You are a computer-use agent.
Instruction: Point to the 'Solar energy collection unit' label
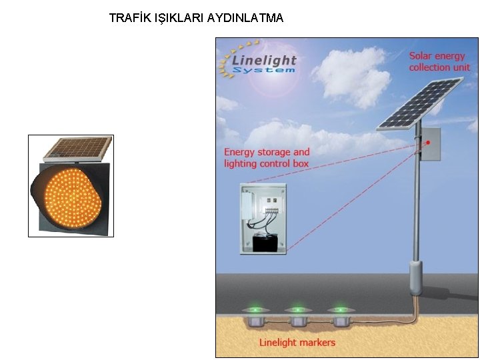tap(439, 61)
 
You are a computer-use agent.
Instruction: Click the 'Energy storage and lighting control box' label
tap(267, 157)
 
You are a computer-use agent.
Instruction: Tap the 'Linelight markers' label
tap(297, 343)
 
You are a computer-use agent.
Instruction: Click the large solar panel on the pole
tap(420, 103)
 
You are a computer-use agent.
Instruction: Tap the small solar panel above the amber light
tap(75, 148)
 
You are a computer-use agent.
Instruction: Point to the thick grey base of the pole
tap(415, 277)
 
